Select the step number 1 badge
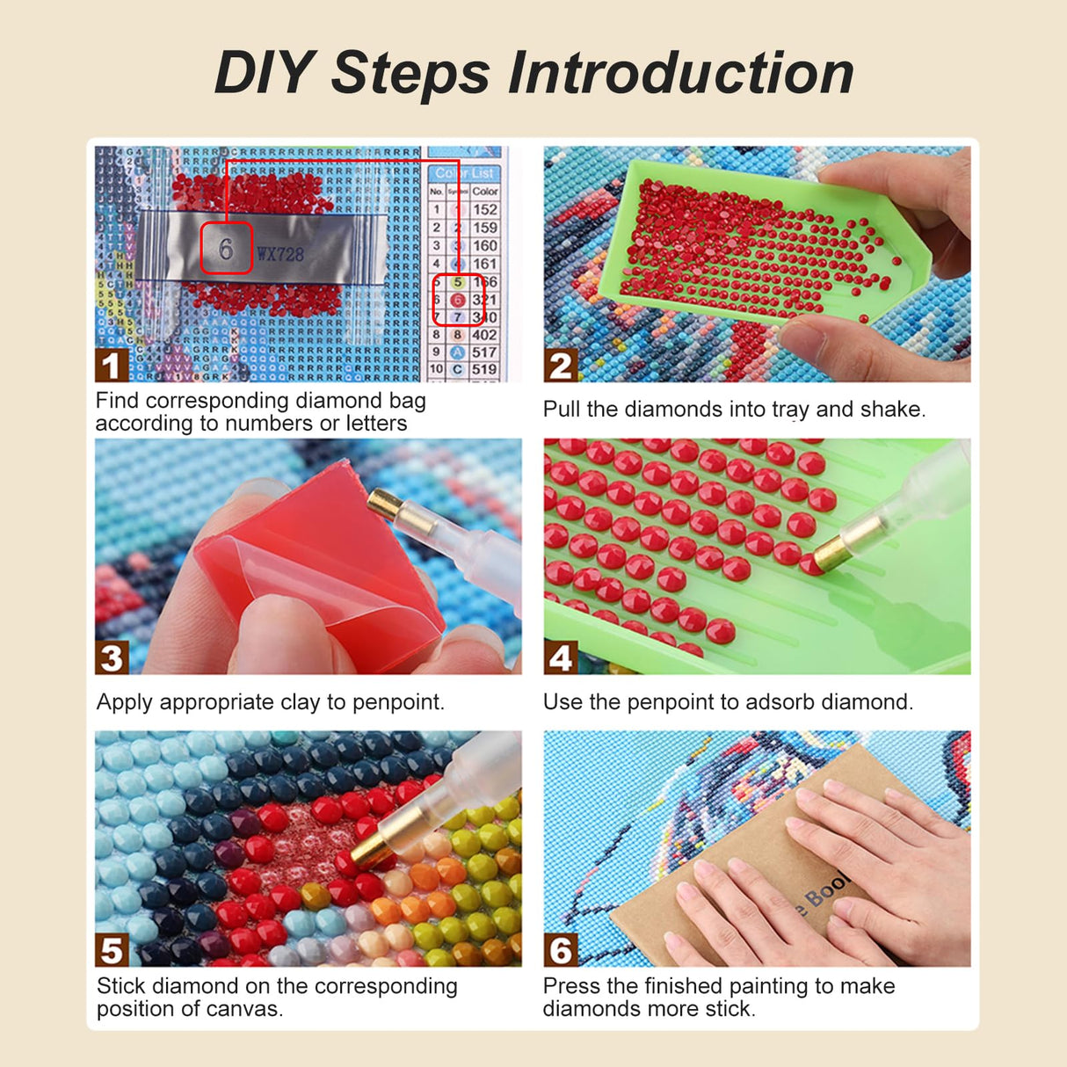point(110,366)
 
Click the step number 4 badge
point(560,657)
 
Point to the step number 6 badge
point(560,950)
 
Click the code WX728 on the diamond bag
point(280,255)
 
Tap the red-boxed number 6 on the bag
point(226,249)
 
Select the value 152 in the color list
point(484,209)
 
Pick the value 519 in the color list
point(484,369)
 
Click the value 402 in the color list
point(484,335)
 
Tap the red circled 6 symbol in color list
point(457,300)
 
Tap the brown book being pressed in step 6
point(756,870)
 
